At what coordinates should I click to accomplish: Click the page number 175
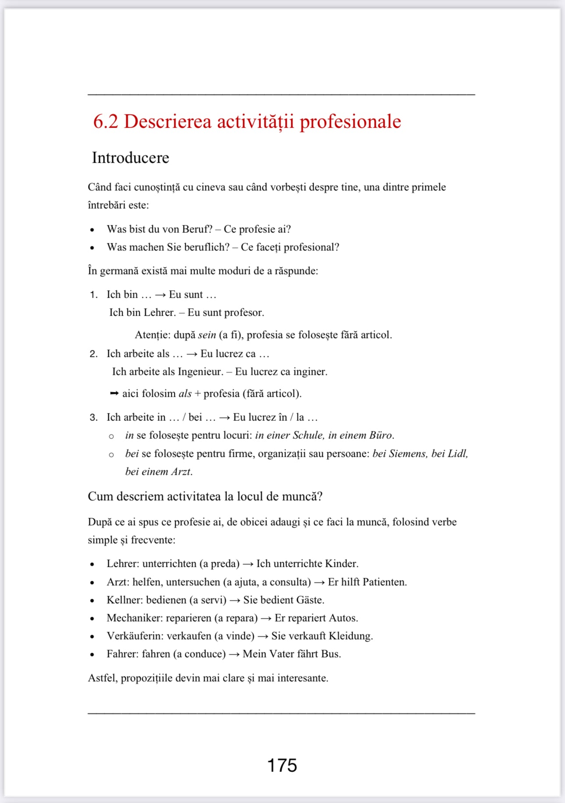point(282,765)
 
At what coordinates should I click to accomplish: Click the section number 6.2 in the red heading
point(106,121)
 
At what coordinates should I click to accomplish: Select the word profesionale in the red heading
point(350,121)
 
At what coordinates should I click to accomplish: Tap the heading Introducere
point(131,158)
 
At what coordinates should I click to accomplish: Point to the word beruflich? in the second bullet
point(206,247)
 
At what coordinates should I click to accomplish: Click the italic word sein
point(207,335)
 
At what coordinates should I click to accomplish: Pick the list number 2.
point(93,354)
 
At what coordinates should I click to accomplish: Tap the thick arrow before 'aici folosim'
point(114,393)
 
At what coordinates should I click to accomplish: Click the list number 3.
point(93,417)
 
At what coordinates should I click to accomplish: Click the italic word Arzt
point(181,472)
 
